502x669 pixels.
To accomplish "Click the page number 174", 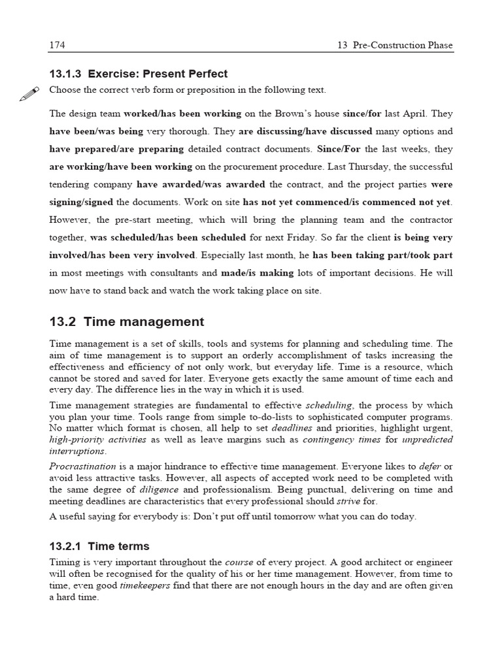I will (57, 45).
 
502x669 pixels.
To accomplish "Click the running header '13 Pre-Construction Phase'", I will (395, 45).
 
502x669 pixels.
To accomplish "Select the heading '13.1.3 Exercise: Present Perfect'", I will (139, 74).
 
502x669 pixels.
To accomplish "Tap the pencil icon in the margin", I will (28, 94).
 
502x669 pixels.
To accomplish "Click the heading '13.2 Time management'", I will (127, 321).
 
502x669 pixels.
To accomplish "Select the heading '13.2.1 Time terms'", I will (99, 546).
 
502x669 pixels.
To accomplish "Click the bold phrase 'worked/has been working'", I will (182, 113).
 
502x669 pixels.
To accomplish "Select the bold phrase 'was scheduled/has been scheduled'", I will (168, 237).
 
